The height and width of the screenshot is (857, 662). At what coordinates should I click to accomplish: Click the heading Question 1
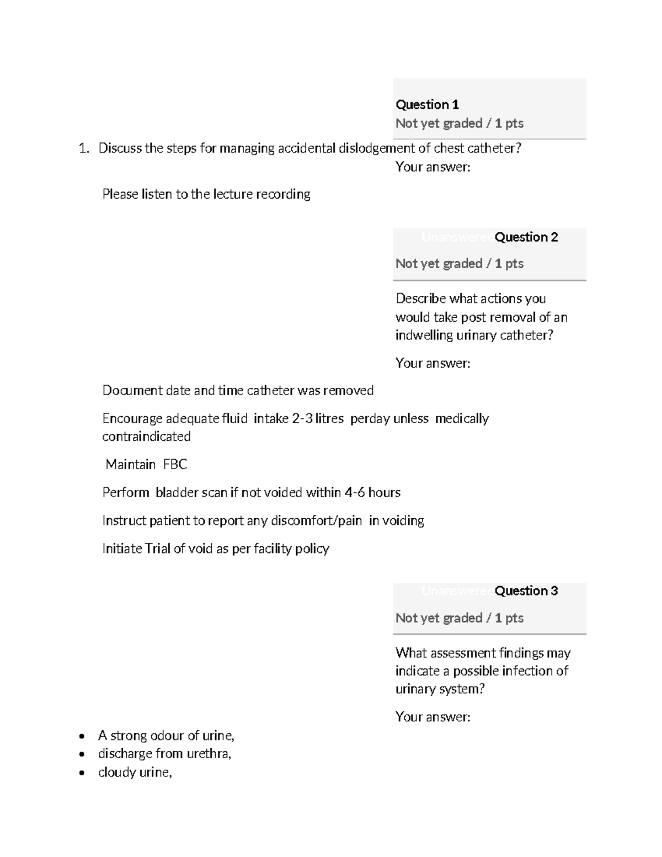[x=427, y=104]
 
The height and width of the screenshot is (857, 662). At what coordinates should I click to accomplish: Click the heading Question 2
[x=526, y=237]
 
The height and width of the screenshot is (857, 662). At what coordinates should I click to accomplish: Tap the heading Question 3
[x=526, y=591]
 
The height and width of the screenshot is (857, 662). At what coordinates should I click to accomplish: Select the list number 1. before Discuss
[x=83, y=148]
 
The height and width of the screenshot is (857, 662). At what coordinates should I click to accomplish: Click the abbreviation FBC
[x=175, y=465]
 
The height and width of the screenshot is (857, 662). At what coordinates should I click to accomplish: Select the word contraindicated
[x=146, y=437]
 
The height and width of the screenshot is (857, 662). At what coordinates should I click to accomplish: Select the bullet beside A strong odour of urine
[x=82, y=736]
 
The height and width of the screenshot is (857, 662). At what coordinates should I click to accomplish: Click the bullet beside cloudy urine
[x=82, y=773]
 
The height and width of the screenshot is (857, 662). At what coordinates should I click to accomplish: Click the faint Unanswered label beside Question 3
[x=457, y=591]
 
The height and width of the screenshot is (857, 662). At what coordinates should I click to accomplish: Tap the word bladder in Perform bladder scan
[x=176, y=493]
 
